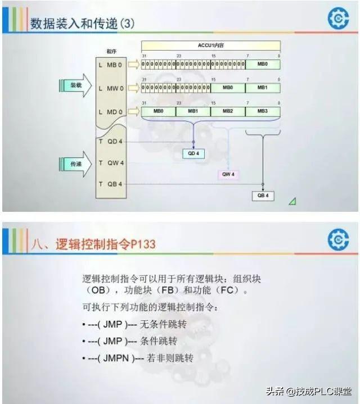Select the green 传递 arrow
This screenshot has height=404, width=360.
tap(75, 164)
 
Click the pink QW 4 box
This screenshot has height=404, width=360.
tap(228, 174)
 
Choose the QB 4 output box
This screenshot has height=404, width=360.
tap(263, 196)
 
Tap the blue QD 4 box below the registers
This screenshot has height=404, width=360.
tap(193, 153)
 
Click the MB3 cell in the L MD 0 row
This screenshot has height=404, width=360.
tap(263, 112)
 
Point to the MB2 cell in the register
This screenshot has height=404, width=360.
tap(228, 112)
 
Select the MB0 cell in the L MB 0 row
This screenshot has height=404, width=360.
tap(263, 65)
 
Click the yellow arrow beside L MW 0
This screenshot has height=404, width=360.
tap(133, 88)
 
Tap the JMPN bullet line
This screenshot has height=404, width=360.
tap(137, 358)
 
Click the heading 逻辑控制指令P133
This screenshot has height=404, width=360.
tap(105, 244)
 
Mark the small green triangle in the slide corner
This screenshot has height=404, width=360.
tap(292, 201)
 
